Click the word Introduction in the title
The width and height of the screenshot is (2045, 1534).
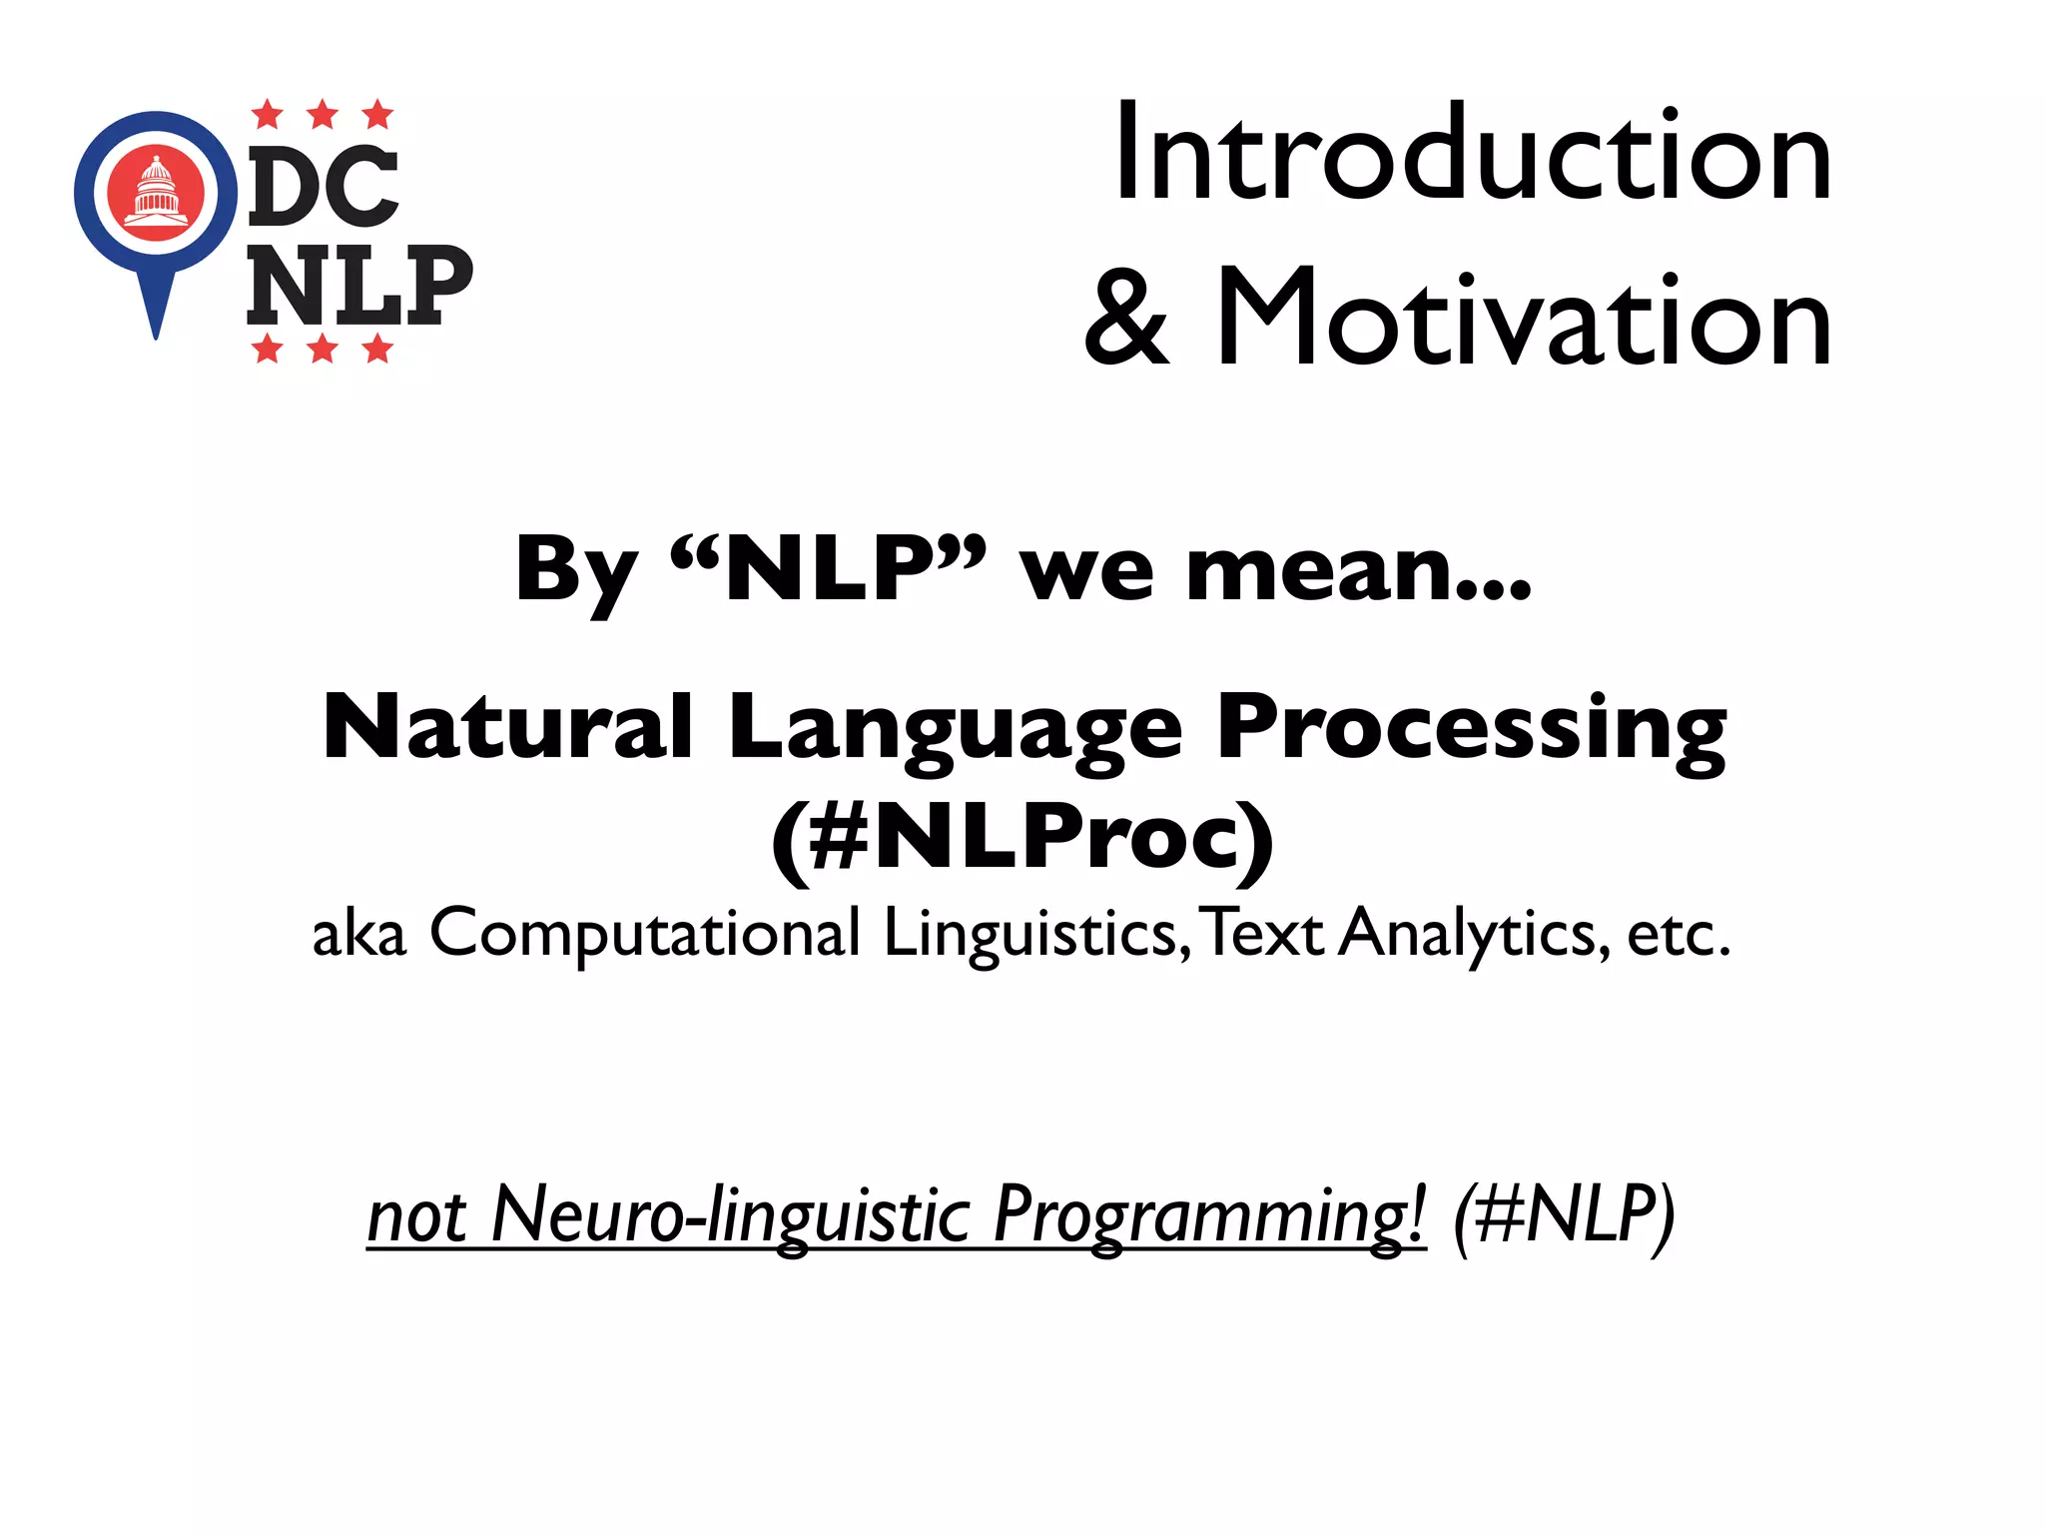(1472, 155)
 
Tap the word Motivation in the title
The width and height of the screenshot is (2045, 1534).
(1523, 320)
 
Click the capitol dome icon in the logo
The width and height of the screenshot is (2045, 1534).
(156, 191)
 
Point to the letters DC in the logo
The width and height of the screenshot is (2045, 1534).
(323, 187)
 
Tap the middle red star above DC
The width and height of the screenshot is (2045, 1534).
(323, 115)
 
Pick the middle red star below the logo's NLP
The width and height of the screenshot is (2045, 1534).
(323, 349)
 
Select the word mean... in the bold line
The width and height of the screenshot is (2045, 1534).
(1359, 571)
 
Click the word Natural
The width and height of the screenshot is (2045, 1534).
(508, 726)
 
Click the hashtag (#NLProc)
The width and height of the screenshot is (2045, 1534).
(1022, 839)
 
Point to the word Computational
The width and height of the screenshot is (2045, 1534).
(644, 935)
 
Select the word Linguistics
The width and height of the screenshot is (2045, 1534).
(1034, 935)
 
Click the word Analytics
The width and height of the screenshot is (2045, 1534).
(1474, 935)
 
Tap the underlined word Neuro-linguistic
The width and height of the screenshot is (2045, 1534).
(730, 1215)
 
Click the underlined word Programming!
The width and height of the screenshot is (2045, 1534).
(1209, 1215)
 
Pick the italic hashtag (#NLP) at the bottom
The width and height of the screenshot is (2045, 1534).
(1564, 1215)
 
